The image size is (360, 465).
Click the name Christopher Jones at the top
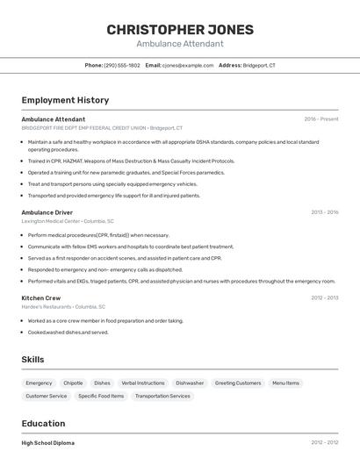pyautogui.click(x=179, y=29)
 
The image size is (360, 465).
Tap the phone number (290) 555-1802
pyautogui.click(x=122, y=65)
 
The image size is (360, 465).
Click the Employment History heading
pyautogui.click(x=65, y=100)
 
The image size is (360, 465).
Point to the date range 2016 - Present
pyautogui.click(x=321, y=119)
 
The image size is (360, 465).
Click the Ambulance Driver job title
pyautogui.click(x=47, y=212)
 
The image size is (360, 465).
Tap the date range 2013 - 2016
pyautogui.click(x=325, y=212)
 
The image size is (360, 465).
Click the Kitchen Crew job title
pyautogui.click(x=41, y=297)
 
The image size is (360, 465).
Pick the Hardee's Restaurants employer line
pyautogui.click(x=63, y=307)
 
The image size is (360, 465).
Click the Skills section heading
pyautogui.click(x=32, y=360)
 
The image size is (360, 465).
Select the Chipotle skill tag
pyautogui.click(x=73, y=383)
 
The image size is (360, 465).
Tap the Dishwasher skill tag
pyautogui.click(x=190, y=383)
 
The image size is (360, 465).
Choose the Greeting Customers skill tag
pyautogui.click(x=238, y=383)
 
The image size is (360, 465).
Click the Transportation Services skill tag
pyautogui.click(x=162, y=396)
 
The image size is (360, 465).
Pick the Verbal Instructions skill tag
pyautogui.click(x=143, y=383)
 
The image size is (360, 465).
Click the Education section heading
pyautogui.click(x=43, y=424)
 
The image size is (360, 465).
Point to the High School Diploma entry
pyautogui.click(x=48, y=443)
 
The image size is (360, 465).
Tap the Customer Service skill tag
pyautogui.click(x=47, y=396)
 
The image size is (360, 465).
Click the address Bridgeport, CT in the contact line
pyautogui.click(x=259, y=65)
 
